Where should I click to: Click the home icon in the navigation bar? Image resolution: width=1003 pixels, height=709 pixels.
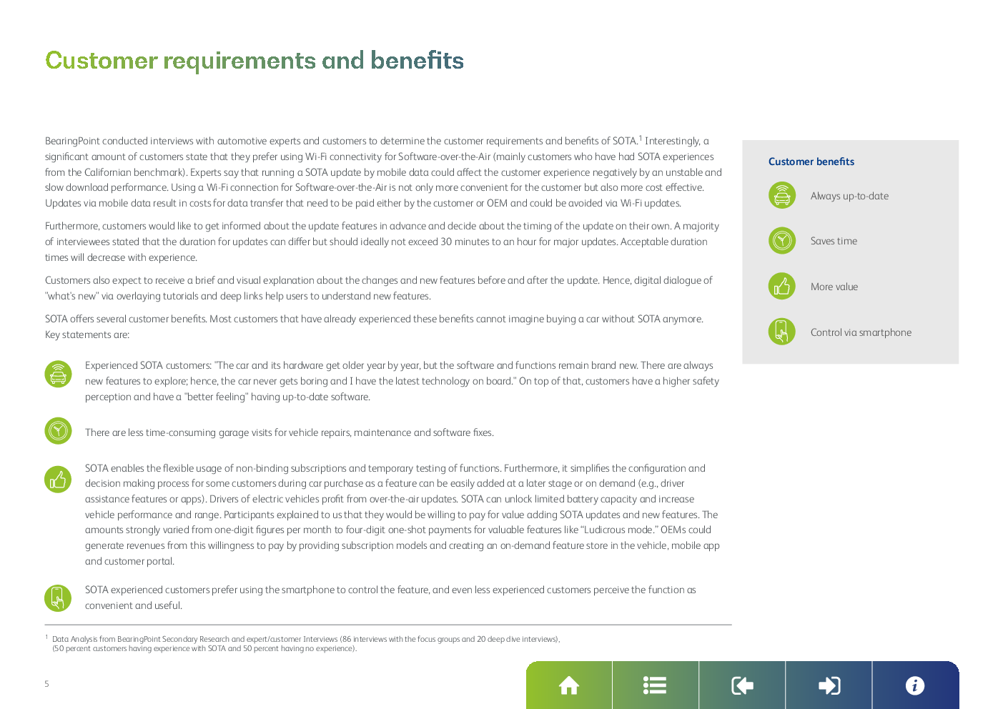tap(568, 685)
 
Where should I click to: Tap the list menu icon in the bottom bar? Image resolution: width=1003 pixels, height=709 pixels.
tap(655, 685)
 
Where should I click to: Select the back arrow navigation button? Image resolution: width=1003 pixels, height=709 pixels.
tap(742, 685)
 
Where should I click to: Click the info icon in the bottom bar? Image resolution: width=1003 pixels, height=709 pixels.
tap(915, 685)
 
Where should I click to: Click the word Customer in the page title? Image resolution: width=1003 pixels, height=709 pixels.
tap(102, 61)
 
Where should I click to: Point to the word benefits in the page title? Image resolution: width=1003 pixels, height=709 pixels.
tap(417, 60)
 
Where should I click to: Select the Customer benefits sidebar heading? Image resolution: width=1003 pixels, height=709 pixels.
tap(811, 162)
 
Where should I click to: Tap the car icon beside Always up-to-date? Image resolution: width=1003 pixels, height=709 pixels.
tap(782, 195)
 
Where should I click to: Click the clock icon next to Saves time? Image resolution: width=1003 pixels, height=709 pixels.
tap(782, 240)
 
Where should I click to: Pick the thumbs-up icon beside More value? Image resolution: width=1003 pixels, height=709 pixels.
tap(782, 286)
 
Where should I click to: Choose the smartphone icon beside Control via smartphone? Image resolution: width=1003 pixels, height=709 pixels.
tap(782, 331)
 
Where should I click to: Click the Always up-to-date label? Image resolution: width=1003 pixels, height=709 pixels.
tap(849, 196)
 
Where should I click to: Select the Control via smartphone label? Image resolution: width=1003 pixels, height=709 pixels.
tap(861, 332)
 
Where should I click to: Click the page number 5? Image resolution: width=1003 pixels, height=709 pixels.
tap(46, 683)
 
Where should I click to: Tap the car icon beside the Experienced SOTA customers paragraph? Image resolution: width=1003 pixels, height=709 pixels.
tap(58, 374)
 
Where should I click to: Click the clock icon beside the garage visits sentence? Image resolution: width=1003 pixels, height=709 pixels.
tap(58, 430)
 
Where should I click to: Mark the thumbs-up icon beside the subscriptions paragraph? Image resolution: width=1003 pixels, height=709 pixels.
tap(58, 479)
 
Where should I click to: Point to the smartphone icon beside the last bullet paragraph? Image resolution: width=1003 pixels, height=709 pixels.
tap(58, 598)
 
